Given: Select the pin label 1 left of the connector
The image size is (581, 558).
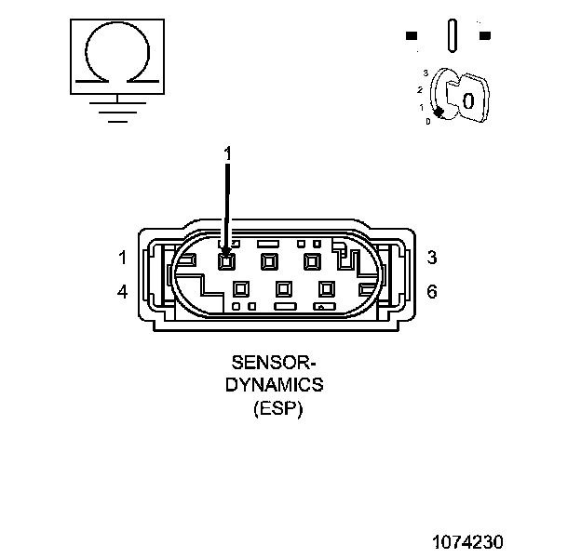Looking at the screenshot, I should click(x=122, y=258).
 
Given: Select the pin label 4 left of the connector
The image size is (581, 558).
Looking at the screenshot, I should click(x=122, y=292).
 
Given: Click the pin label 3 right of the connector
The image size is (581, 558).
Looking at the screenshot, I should click(x=432, y=258).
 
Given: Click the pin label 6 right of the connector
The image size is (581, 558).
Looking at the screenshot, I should click(x=432, y=292).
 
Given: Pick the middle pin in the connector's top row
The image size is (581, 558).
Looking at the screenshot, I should click(x=270, y=261).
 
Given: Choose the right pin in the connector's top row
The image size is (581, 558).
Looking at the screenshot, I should click(x=312, y=261).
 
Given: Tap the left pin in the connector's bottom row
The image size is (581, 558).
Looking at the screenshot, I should click(x=241, y=289).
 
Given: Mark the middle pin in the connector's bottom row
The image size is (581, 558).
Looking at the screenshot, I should click(x=283, y=289).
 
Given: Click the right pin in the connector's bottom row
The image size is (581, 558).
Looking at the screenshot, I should click(x=326, y=289).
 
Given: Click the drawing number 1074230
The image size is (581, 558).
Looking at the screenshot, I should click(x=466, y=540).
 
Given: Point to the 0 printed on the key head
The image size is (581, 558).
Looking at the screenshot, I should click(x=468, y=100).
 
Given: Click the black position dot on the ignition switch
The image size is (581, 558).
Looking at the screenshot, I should click(x=438, y=112).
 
